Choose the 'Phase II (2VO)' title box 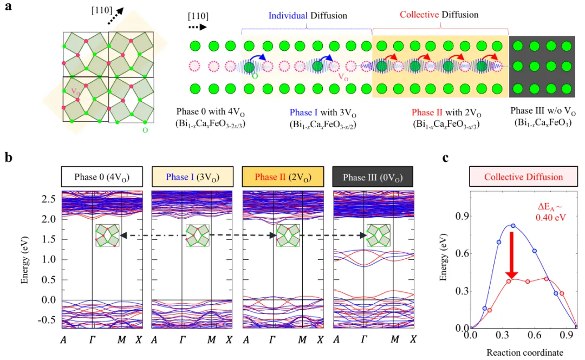click(x=283, y=178)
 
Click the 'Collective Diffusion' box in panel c click(x=523, y=177)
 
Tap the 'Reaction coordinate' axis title click(x=524, y=353)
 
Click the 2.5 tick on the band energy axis click(x=49, y=199)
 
